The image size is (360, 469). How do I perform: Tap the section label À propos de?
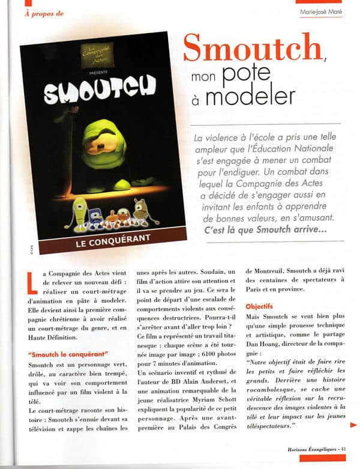click(45, 14)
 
